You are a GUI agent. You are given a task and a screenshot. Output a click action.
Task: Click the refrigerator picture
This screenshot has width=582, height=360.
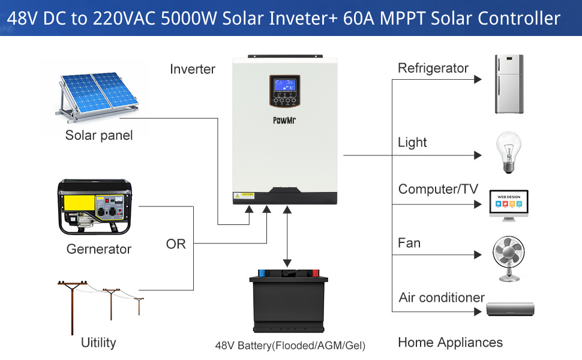509,84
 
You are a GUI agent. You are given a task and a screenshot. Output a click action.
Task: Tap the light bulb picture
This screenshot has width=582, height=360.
508,152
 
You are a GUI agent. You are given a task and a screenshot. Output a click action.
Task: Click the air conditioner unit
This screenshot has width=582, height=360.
509,310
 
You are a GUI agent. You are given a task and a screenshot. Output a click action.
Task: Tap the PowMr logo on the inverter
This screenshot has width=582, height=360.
284,120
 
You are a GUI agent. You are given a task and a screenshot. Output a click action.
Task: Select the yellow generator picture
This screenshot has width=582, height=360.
95,208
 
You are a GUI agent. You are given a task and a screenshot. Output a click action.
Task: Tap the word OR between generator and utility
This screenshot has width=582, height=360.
176,244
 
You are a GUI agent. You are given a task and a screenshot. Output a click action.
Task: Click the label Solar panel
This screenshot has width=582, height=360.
99,135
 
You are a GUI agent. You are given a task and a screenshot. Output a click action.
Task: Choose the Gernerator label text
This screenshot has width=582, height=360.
99,248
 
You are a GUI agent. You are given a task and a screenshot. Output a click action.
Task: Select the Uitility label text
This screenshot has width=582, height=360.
98,343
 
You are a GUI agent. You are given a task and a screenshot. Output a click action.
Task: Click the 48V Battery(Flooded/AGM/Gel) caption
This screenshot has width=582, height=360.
290,346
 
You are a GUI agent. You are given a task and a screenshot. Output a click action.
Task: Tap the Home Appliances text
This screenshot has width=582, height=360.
450,343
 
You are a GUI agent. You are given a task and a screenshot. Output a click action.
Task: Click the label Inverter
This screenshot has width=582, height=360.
193,69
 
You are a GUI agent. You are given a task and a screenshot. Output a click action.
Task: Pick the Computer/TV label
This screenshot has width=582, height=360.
438,189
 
